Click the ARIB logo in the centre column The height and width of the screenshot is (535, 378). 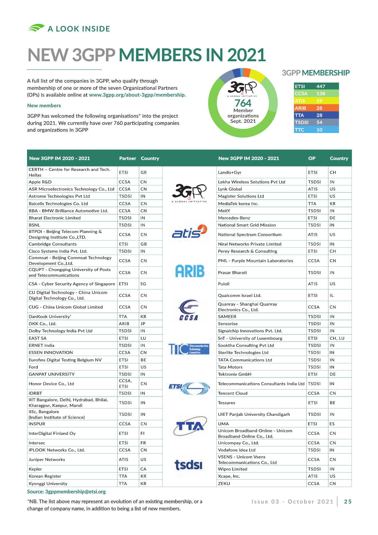tap(190, 271)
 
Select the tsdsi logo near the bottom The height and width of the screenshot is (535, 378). tap(188, 465)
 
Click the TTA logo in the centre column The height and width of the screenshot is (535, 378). tap(190, 426)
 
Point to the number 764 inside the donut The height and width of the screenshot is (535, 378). tap(243, 103)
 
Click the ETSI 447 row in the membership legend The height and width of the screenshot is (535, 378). tap(316, 86)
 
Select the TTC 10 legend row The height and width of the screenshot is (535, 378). tap(316, 130)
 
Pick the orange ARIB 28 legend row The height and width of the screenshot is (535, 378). tap(316, 108)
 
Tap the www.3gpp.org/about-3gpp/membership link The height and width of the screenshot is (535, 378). tap(137, 95)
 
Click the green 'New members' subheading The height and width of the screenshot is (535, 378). tap(44, 106)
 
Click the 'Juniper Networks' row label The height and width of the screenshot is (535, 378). tap(47, 460)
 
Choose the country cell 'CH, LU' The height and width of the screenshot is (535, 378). tap(337, 338)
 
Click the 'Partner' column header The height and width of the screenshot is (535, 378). tap(127, 158)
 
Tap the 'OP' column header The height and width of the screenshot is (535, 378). tap(312, 158)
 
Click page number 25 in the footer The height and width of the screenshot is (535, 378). tap(348, 502)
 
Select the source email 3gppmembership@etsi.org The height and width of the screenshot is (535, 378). tap(75, 492)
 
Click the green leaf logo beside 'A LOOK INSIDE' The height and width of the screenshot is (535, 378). tap(36, 28)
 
